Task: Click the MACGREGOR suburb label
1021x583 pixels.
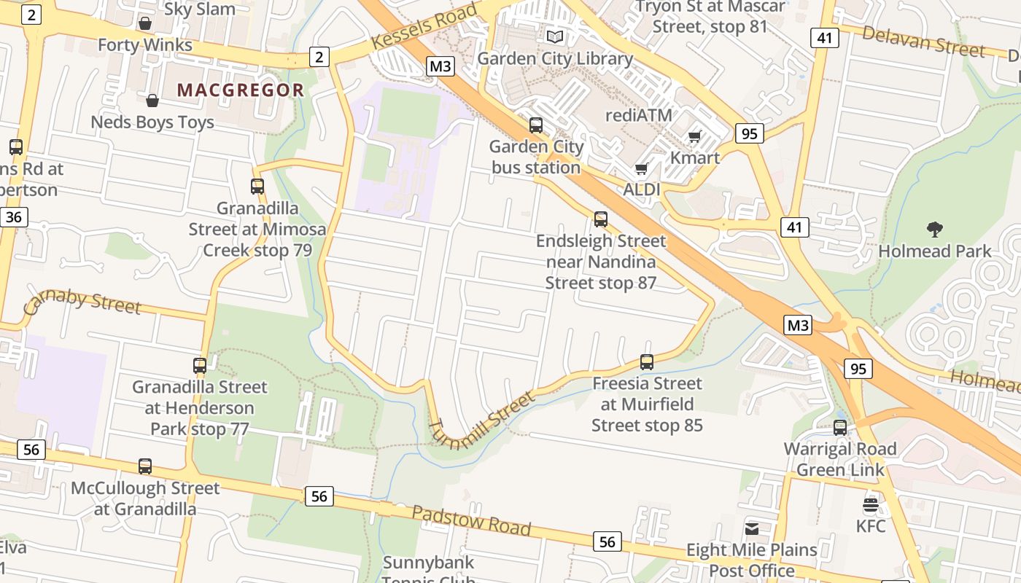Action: (x=241, y=90)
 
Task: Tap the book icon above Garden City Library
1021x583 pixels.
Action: (x=555, y=36)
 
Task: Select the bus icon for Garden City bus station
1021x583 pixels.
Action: (x=536, y=125)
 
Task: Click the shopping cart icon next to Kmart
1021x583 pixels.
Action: (x=695, y=136)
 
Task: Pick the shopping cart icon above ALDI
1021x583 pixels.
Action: (x=642, y=169)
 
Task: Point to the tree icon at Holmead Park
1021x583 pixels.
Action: (x=934, y=230)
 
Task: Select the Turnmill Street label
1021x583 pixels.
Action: (x=482, y=421)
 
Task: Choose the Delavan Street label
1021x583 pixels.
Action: (x=923, y=41)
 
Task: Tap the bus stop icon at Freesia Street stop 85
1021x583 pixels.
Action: (x=647, y=361)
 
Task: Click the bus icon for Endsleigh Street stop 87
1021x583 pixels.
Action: (x=601, y=219)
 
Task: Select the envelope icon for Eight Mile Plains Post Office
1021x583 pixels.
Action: (x=752, y=528)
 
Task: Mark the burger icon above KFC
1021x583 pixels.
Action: (x=871, y=504)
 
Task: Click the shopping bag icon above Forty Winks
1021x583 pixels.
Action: (x=145, y=23)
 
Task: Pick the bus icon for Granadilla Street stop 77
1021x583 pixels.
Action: (x=200, y=365)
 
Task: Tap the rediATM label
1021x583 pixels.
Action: (x=639, y=115)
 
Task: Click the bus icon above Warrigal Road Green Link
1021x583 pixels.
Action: (x=840, y=428)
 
